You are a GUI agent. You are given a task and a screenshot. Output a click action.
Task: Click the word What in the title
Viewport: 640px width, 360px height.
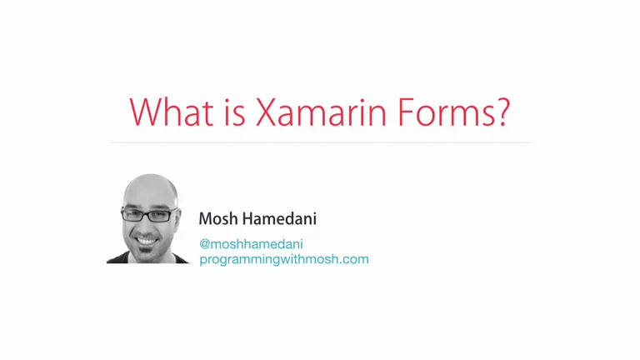(172, 112)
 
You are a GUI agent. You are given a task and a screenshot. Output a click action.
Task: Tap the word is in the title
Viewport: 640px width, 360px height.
(235, 112)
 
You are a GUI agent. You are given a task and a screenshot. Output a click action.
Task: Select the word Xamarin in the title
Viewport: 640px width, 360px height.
(321, 112)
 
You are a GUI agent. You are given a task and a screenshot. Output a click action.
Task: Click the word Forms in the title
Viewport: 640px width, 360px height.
(447, 112)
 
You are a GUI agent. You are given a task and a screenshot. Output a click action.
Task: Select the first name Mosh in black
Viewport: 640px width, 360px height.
(218, 219)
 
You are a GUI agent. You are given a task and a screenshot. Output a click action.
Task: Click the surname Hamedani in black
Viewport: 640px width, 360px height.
(280, 219)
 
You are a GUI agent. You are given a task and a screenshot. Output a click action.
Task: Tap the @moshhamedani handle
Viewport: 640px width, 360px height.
(251, 244)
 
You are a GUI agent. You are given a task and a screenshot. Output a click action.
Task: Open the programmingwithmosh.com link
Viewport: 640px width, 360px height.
(284, 260)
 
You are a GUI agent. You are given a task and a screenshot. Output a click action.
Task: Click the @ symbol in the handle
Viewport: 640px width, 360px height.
(204, 244)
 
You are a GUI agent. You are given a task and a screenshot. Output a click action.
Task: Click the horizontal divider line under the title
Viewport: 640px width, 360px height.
(320, 142)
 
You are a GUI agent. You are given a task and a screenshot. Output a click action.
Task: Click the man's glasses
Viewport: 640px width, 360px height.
(150, 214)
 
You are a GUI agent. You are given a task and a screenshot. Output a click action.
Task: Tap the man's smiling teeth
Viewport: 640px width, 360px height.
(147, 241)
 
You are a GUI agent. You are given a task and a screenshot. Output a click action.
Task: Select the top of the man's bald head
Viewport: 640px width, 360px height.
(152, 180)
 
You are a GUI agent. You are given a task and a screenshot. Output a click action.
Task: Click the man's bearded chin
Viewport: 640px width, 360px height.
(147, 255)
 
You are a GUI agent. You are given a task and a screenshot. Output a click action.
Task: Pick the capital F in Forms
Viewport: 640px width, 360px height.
(406, 112)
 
